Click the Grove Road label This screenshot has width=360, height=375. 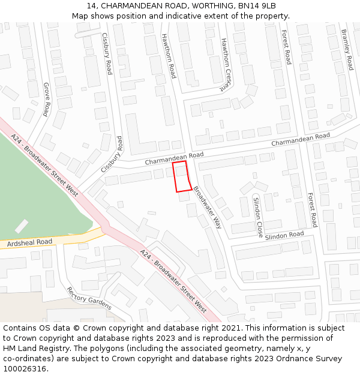[x=46, y=99]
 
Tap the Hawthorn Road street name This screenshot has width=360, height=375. [x=168, y=56]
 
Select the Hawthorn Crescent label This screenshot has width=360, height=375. [x=224, y=64]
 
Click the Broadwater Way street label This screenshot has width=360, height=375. [x=208, y=207]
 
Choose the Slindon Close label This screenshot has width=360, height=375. [x=257, y=217]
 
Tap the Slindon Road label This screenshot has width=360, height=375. [x=284, y=235]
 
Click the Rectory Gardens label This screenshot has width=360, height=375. [x=89, y=298]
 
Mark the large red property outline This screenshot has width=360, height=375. [x=182, y=176]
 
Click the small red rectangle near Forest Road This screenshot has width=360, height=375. [x=340, y=206]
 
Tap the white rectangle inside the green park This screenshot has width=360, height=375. [x=22, y=226]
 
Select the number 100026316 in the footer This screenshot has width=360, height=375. [x=25, y=369]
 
